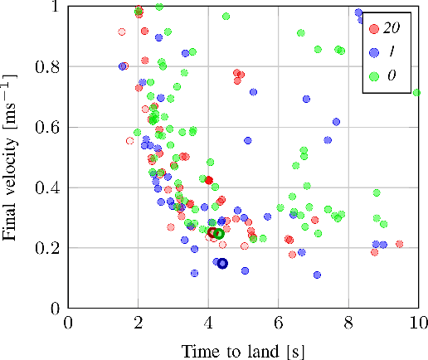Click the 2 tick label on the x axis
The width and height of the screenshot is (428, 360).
[138, 324]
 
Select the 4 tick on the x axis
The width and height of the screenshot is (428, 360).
[208, 324]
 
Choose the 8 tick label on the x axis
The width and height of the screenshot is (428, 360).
[348, 324]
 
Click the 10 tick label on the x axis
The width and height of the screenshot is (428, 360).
[417, 324]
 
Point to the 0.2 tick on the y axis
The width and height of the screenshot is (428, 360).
[50, 248]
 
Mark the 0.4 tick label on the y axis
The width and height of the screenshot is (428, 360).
[50, 187]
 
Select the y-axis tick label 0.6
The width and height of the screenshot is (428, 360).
[50, 127]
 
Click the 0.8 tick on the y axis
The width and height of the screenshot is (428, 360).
[50, 66]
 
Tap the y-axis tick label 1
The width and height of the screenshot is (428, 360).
[56, 7]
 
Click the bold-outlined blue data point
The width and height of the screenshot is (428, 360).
[222, 264]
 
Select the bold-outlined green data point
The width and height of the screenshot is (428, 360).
[219, 234]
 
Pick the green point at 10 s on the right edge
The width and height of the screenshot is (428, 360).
[417, 92]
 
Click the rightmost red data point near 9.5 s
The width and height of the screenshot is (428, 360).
[400, 244]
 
